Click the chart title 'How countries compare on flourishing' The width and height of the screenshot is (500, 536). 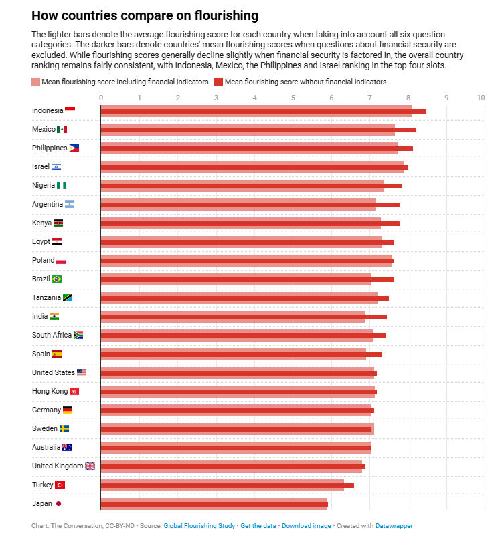point(145,15)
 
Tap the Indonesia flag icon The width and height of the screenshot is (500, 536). point(70,110)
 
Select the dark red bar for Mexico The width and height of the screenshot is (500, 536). point(258,130)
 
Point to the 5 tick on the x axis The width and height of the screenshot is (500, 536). point(293,98)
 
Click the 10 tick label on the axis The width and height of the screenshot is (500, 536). point(481,98)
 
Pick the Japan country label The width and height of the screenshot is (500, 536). point(42,503)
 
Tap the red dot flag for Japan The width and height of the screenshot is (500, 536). point(59,503)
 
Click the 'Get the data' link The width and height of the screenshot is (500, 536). point(258,526)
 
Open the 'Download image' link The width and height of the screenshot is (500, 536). point(306,526)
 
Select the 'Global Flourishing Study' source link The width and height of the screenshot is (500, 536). point(199,526)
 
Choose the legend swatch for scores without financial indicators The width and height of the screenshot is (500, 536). point(218,82)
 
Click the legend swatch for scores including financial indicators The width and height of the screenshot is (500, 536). point(36,82)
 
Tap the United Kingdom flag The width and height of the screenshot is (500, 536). point(90,466)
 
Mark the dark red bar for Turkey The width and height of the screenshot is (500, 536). point(227,485)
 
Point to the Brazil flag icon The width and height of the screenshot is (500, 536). point(56,279)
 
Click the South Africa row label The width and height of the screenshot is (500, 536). point(52,335)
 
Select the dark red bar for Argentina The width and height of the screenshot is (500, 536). point(250,205)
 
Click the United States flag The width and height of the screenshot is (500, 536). point(82,372)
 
